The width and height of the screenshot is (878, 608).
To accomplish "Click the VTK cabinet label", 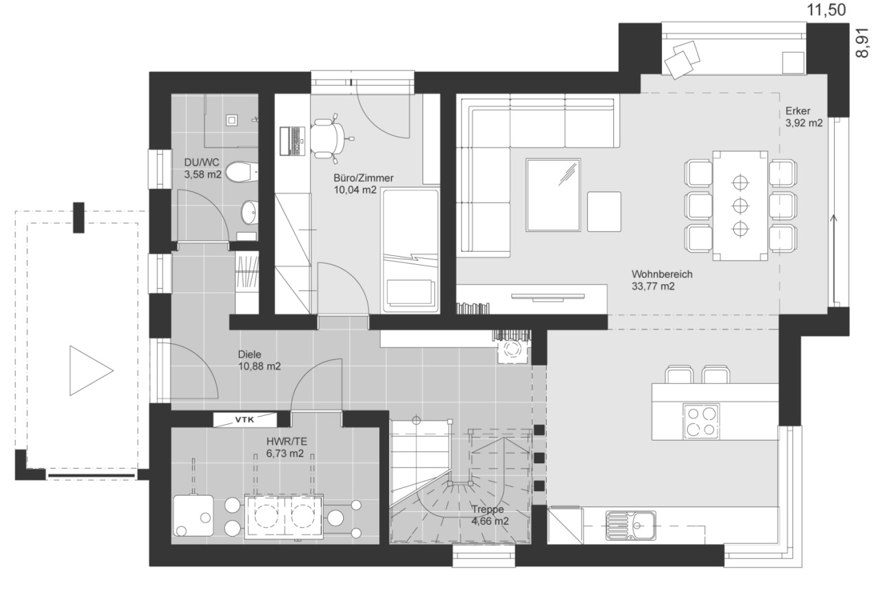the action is pos(245,419).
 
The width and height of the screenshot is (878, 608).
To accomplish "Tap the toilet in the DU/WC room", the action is pos(242,172).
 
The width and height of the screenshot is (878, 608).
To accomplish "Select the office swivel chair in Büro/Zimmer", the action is pos(329,138).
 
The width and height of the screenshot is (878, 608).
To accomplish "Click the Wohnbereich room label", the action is pos(662,274).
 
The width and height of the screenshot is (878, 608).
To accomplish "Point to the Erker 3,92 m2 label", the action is pos(803,117).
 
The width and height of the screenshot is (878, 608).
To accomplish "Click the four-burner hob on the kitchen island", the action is pos(701,420).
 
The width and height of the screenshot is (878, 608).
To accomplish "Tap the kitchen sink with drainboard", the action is pos(630,525).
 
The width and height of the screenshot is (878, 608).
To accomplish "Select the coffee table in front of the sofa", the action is pos(553,195).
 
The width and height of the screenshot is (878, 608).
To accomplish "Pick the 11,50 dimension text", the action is pos(826,10).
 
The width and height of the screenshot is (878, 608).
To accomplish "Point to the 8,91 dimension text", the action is pos(862,44).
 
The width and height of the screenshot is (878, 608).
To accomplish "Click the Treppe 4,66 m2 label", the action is pos(490,515).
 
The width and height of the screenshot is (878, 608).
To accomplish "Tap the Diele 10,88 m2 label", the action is pos(259,360).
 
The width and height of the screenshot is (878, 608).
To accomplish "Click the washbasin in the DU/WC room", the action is pos(250,212).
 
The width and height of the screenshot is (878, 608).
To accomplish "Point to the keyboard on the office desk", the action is pos(293,141).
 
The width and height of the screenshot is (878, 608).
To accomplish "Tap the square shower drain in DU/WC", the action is pos(231,120).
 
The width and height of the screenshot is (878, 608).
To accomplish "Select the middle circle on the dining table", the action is pos(740,205).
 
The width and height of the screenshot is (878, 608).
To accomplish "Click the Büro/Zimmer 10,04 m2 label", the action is pos(363,184).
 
